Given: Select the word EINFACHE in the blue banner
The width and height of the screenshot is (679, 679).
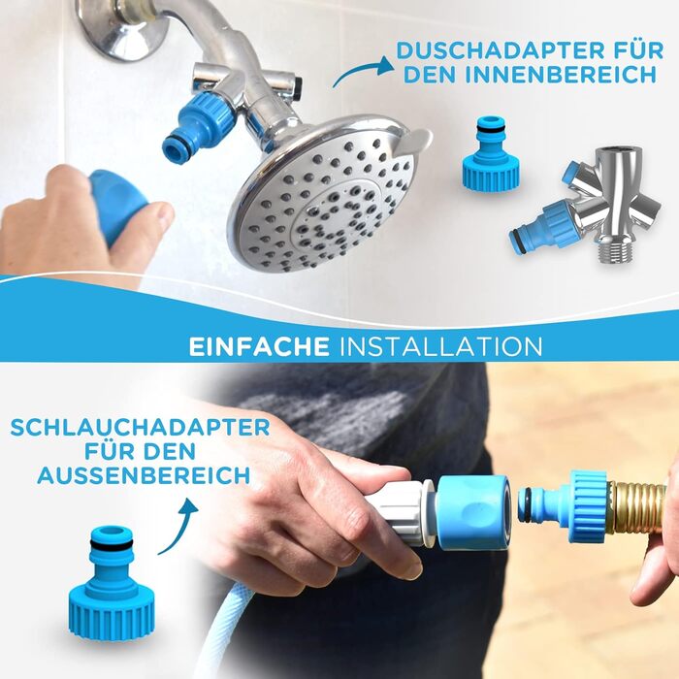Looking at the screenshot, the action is (x=259, y=346).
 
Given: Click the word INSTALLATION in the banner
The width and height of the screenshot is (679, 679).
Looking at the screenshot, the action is (x=440, y=346).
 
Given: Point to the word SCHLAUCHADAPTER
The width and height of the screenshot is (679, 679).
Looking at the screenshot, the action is (x=141, y=428).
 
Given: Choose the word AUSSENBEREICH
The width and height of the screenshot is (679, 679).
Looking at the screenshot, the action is (x=144, y=475).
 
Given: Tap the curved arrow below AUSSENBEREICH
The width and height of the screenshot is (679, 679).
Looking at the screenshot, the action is (x=178, y=526).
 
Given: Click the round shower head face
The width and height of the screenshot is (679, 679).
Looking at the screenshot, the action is (x=323, y=195).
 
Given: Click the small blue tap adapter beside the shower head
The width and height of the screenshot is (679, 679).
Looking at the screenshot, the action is (x=491, y=153).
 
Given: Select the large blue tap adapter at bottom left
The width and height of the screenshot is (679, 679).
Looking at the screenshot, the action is (x=111, y=582).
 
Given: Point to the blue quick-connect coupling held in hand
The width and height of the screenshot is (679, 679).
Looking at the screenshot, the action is (x=473, y=512).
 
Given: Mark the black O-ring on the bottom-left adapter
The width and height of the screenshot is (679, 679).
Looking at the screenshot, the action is (x=111, y=544).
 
